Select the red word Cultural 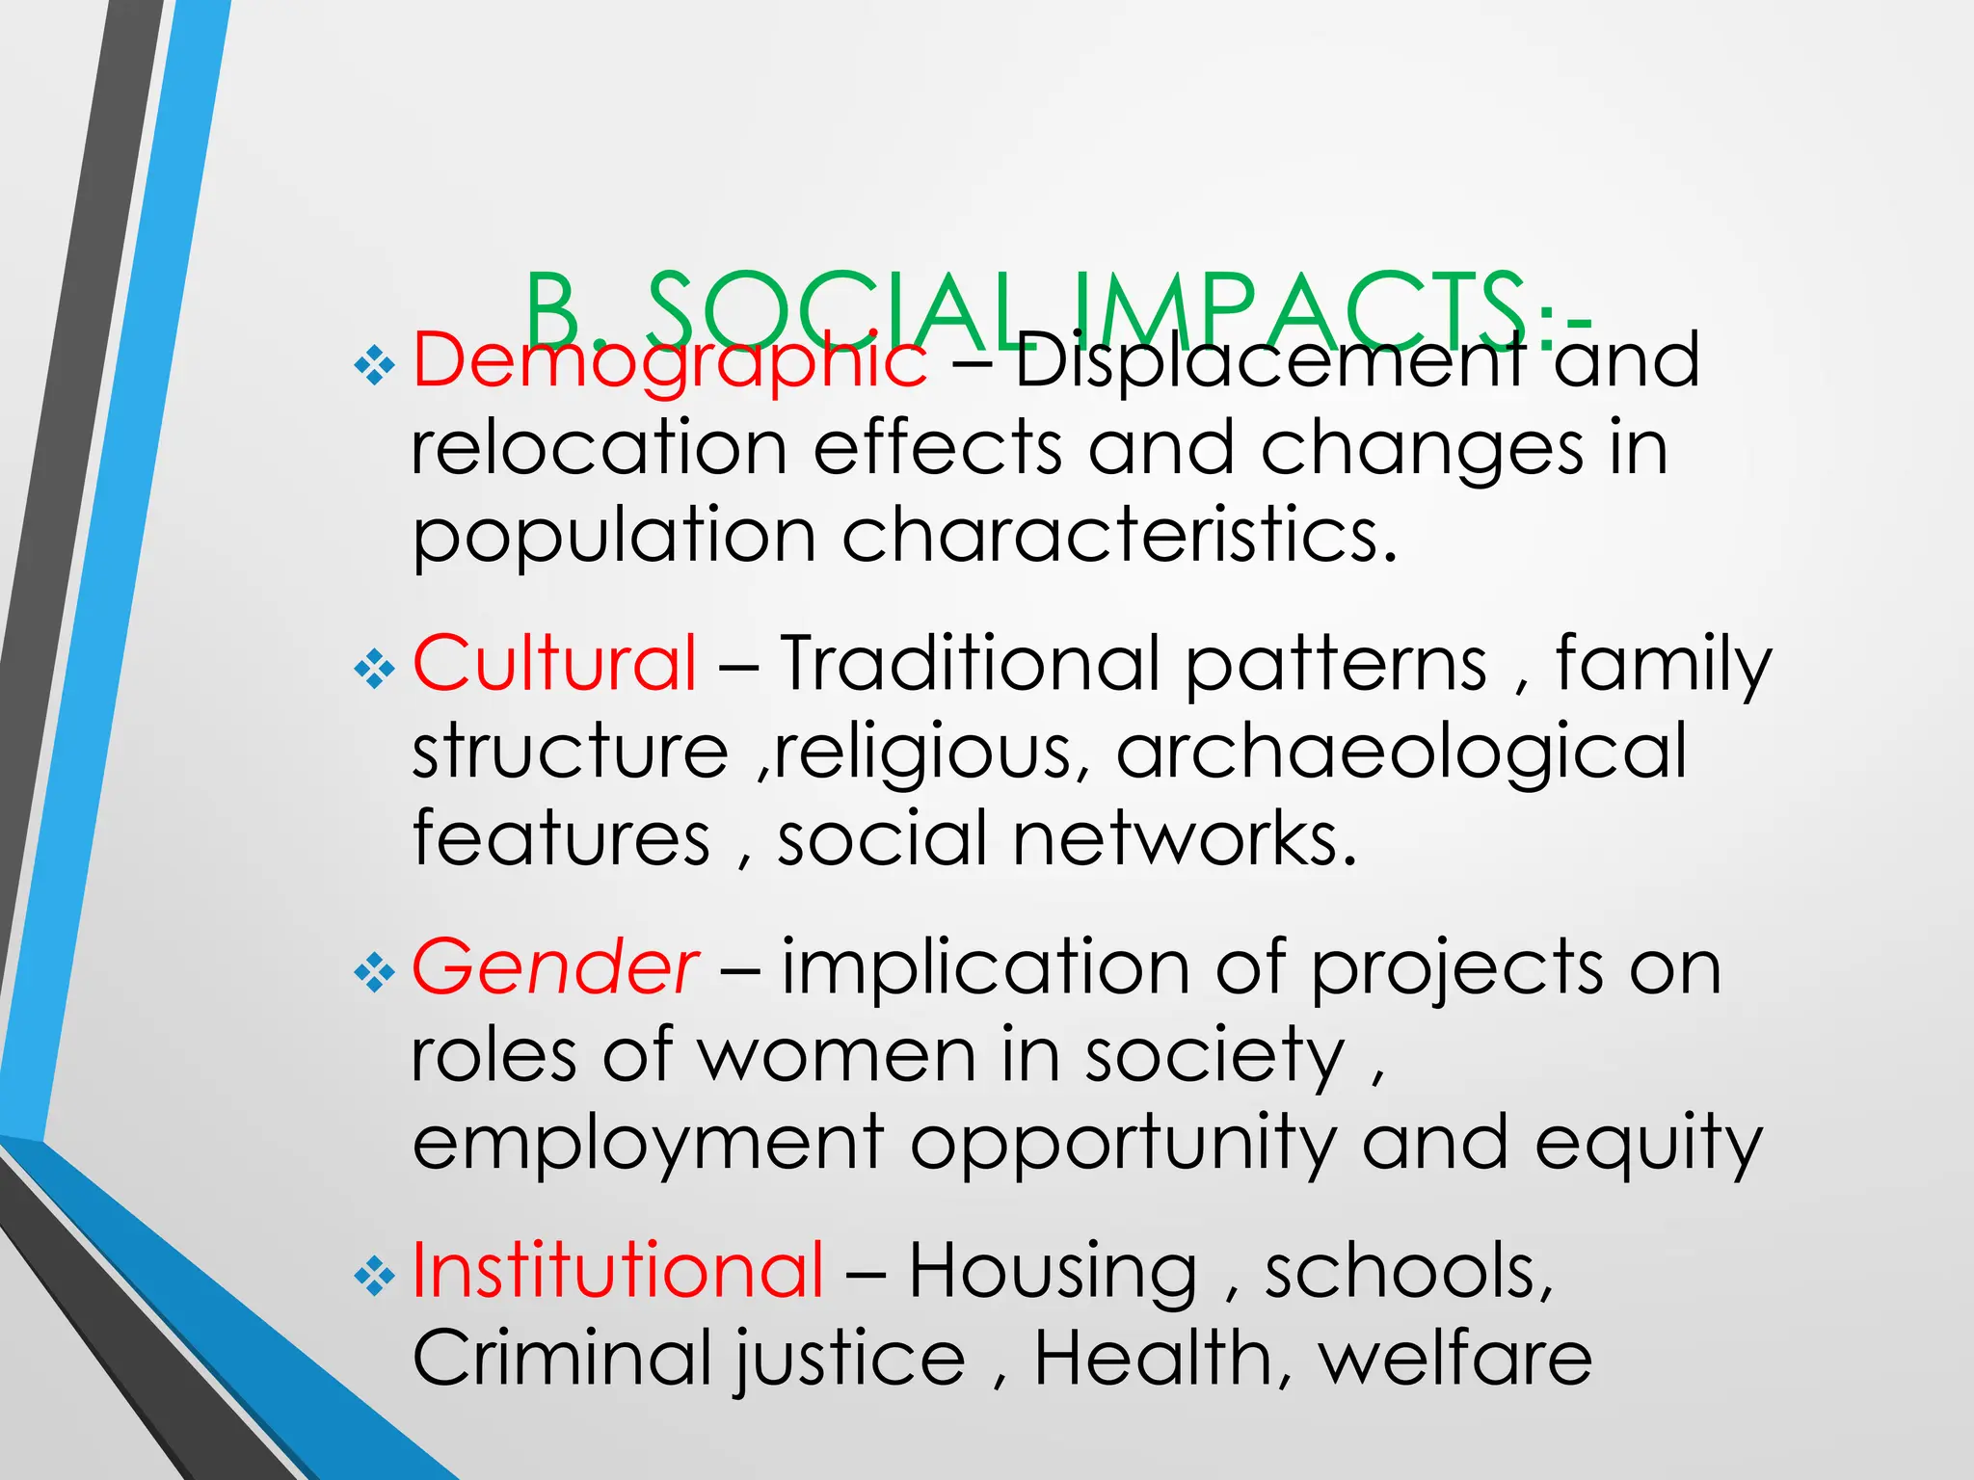click(x=554, y=663)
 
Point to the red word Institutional click(x=618, y=1270)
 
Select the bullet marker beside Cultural click(x=374, y=669)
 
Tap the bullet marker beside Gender click(x=374, y=972)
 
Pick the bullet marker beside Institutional click(x=374, y=1276)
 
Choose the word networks click(x=1185, y=838)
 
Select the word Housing click(x=1053, y=1272)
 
